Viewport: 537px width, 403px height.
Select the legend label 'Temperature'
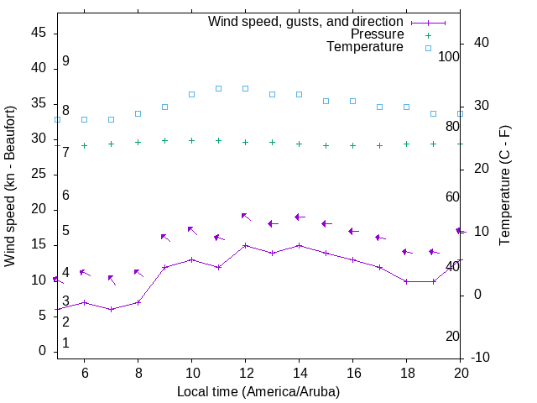(365, 47)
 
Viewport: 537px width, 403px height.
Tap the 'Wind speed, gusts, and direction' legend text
(306, 22)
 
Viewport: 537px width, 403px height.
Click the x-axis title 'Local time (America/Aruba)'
(258, 391)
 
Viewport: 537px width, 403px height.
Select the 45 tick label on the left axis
(39, 33)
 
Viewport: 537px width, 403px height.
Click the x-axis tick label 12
(245, 372)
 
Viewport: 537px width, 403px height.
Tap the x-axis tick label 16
(352, 372)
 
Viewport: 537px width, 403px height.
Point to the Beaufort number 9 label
(65, 61)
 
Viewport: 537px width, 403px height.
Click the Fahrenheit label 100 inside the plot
(449, 56)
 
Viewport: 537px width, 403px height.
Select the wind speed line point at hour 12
(245, 246)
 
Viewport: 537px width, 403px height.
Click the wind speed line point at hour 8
(138, 302)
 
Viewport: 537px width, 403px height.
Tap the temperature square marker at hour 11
(218, 88)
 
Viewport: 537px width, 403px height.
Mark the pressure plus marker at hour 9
(164, 141)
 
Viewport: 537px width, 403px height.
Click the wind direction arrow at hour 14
(300, 217)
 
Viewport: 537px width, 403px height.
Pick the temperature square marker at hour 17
(379, 107)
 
